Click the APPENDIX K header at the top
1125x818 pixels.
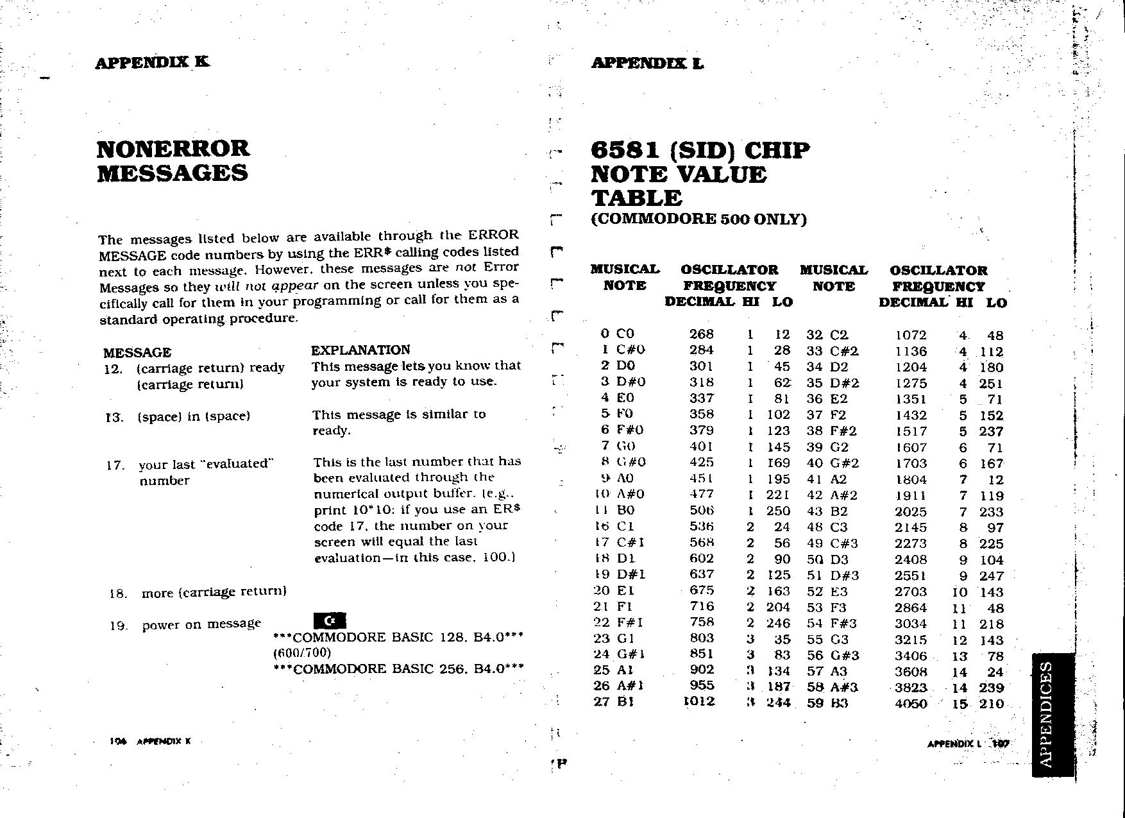[x=152, y=62]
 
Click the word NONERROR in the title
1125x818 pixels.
[x=173, y=149]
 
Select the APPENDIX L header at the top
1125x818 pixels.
[x=647, y=63]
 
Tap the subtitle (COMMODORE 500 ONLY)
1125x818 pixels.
[x=698, y=219]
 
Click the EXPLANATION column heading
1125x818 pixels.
[x=360, y=350]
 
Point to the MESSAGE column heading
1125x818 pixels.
[x=137, y=352]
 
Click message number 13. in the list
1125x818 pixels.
[x=114, y=418]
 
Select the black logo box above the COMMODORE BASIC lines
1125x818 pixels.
[x=330, y=620]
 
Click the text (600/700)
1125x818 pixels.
[x=301, y=653]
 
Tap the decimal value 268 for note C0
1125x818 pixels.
[x=701, y=334]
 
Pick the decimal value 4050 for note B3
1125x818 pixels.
[x=911, y=704]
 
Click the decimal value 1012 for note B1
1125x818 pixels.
[x=699, y=701]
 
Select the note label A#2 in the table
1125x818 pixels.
[x=843, y=495]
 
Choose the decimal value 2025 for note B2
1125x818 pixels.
[x=911, y=512]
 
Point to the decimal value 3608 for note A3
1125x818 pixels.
[x=911, y=672]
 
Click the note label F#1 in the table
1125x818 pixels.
[x=630, y=622]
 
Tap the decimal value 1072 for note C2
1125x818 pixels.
[x=911, y=335]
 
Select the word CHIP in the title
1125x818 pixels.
[x=777, y=151]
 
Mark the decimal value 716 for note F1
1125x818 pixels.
[x=702, y=606]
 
